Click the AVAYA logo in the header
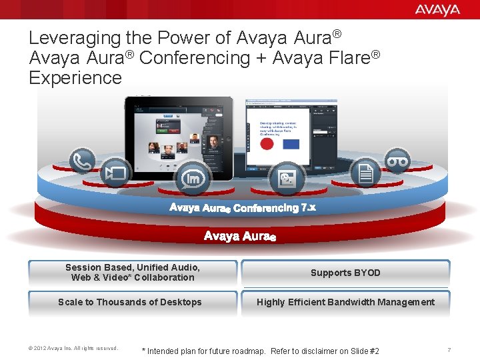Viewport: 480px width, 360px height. pos(437,9)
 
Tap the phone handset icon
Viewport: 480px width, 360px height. pos(83,161)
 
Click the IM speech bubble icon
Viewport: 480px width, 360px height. pos(193,179)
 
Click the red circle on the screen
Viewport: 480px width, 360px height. pos(266,144)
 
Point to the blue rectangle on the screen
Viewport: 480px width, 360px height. pos(291,144)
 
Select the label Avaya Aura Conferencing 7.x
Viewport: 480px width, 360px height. pos(243,208)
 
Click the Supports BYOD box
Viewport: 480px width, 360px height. pos(345,273)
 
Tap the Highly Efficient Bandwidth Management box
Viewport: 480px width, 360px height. pos(345,302)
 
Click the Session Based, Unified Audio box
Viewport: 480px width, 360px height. pos(132,273)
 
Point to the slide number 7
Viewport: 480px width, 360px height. pos(449,350)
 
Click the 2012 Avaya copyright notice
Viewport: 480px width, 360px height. pos(73,348)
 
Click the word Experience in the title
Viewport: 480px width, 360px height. pos(75,77)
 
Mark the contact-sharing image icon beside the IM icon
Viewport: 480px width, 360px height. pos(287,178)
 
